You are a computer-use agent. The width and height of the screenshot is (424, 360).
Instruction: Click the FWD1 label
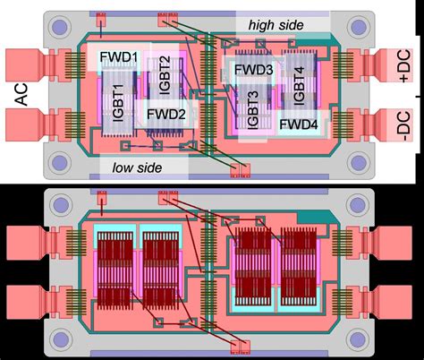(x=120, y=60)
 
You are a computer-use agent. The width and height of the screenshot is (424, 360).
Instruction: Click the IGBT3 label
(x=253, y=107)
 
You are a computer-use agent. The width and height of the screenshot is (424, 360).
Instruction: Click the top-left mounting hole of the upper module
(x=61, y=29)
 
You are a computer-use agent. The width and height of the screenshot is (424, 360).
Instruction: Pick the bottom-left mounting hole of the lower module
(x=61, y=339)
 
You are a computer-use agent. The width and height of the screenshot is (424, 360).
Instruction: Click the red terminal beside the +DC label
(x=370, y=65)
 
